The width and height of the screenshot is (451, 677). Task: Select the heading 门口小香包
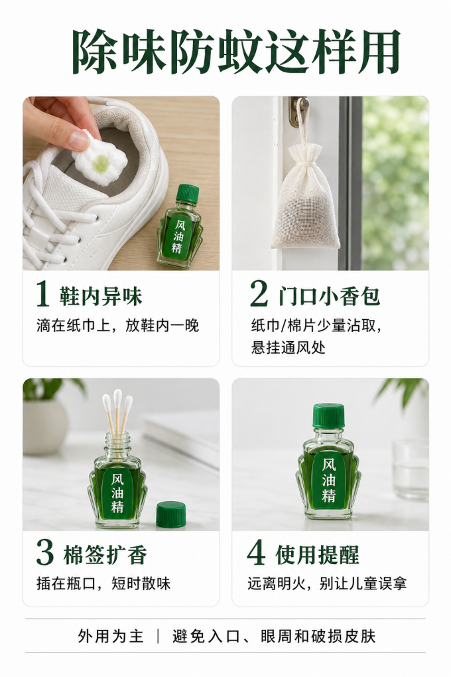329,296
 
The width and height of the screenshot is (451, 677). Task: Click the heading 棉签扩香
105,554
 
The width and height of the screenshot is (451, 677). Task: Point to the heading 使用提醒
317,554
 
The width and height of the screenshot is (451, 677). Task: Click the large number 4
256,553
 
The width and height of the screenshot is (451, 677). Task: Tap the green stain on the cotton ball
101,163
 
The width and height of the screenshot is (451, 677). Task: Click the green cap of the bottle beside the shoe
188,193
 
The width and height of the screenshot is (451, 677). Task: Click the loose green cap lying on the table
171,514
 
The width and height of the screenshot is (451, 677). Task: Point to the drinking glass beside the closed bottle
411,469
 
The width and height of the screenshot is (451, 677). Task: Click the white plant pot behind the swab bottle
45,426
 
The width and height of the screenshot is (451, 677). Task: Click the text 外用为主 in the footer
111,636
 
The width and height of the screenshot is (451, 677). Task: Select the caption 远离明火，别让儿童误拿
327,583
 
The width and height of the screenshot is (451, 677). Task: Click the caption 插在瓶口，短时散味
103,583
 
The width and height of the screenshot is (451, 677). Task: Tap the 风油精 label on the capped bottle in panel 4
329,479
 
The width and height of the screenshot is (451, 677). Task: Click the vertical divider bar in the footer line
158,636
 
